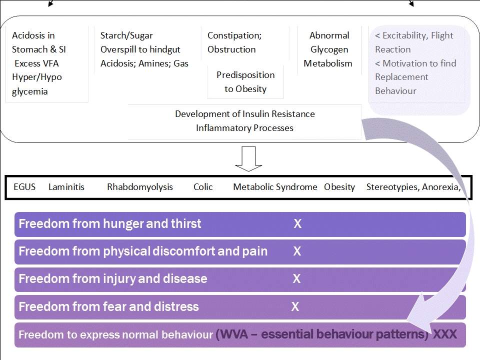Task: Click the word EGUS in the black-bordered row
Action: (24, 186)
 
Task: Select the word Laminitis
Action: (66, 186)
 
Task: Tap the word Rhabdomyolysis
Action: (140, 187)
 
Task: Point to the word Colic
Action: (203, 186)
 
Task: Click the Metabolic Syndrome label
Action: (275, 187)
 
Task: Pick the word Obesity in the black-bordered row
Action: (339, 187)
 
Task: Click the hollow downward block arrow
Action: (248, 159)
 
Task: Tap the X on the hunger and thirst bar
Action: (297, 224)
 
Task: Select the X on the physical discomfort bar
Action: (297, 251)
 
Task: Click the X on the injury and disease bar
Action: (296, 279)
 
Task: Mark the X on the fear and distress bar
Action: (295, 306)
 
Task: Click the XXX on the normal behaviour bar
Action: (445, 334)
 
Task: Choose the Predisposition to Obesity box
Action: (245, 82)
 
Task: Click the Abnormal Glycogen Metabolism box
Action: (329, 49)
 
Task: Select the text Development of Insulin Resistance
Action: (245, 114)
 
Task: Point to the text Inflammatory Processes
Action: (244, 128)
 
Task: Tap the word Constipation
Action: (233, 35)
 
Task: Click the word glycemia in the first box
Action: (29, 91)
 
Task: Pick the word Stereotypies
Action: (393, 187)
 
